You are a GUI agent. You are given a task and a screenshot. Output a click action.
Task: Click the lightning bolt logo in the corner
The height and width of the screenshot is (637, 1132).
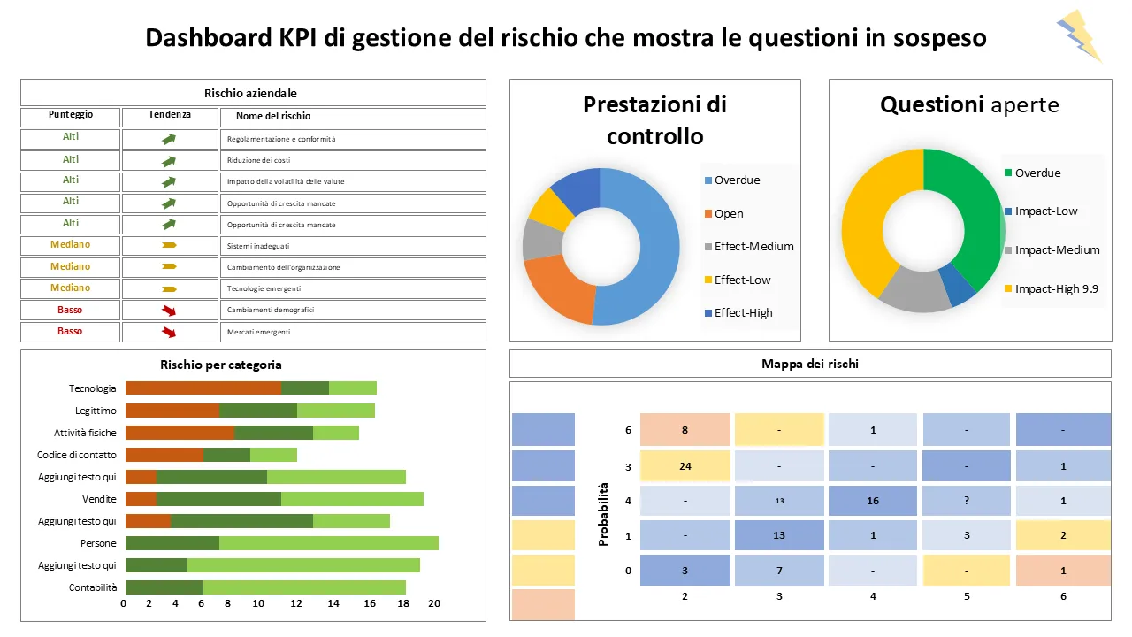1079,35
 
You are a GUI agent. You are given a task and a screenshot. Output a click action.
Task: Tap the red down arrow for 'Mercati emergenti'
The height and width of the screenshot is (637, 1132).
169,332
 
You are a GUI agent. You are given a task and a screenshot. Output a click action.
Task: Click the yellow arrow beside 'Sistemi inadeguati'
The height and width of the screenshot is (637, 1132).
169,245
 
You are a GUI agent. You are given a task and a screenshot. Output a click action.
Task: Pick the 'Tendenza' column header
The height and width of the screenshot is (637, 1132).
169,115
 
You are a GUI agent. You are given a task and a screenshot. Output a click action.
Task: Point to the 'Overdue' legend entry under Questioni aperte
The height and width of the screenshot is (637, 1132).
1037,173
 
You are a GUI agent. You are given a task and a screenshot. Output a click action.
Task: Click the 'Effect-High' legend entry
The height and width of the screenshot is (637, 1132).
743,312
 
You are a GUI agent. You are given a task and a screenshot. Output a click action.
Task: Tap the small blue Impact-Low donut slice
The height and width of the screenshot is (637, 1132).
957,284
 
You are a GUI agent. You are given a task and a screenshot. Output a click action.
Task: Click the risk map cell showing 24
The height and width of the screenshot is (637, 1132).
685,466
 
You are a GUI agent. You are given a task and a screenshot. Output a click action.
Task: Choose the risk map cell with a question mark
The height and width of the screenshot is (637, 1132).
967,501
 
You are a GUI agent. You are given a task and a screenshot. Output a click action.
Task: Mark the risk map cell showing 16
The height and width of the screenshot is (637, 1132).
872,501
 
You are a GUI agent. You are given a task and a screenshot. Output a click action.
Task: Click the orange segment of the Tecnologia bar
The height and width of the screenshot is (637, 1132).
203,388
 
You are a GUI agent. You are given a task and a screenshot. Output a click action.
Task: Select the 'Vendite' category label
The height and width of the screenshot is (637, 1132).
99,499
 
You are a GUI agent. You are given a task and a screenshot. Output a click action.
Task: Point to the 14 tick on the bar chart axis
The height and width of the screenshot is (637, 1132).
333,604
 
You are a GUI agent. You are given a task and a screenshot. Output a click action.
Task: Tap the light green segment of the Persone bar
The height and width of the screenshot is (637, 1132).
328,543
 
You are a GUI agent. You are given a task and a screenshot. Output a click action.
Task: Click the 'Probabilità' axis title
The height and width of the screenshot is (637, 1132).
604,514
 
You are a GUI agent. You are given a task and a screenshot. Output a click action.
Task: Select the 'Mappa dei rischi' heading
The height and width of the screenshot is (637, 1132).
809,364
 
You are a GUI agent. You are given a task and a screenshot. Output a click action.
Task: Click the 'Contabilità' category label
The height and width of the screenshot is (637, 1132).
93,587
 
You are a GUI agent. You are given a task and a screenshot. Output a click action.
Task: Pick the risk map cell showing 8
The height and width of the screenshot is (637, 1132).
685,431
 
